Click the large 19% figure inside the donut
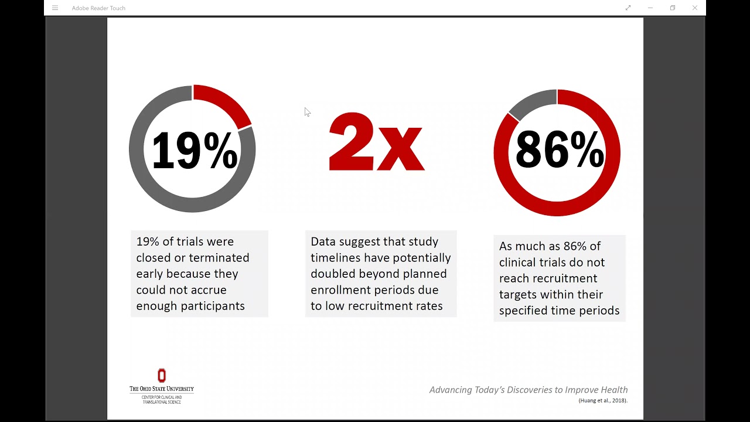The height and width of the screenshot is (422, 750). tap(194, 151)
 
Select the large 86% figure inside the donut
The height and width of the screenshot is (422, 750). tap(559, 151)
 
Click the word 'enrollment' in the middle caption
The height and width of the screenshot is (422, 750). tap(337, 290)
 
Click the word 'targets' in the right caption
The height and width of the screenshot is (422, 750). tap(517, 294)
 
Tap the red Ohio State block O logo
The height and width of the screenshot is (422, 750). tap(162, 375)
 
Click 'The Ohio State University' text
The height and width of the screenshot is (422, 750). tap(162, 389)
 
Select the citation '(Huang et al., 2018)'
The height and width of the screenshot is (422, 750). tap(603, 401)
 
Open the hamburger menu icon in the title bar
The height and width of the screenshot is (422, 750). tap(55, 8)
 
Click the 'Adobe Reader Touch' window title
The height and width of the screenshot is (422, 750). tap(98, 8)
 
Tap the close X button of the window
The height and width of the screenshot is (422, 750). tap(695, 8)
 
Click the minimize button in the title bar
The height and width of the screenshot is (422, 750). tap(650, 8)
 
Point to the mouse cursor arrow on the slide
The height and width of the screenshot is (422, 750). tap(306, 111)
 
